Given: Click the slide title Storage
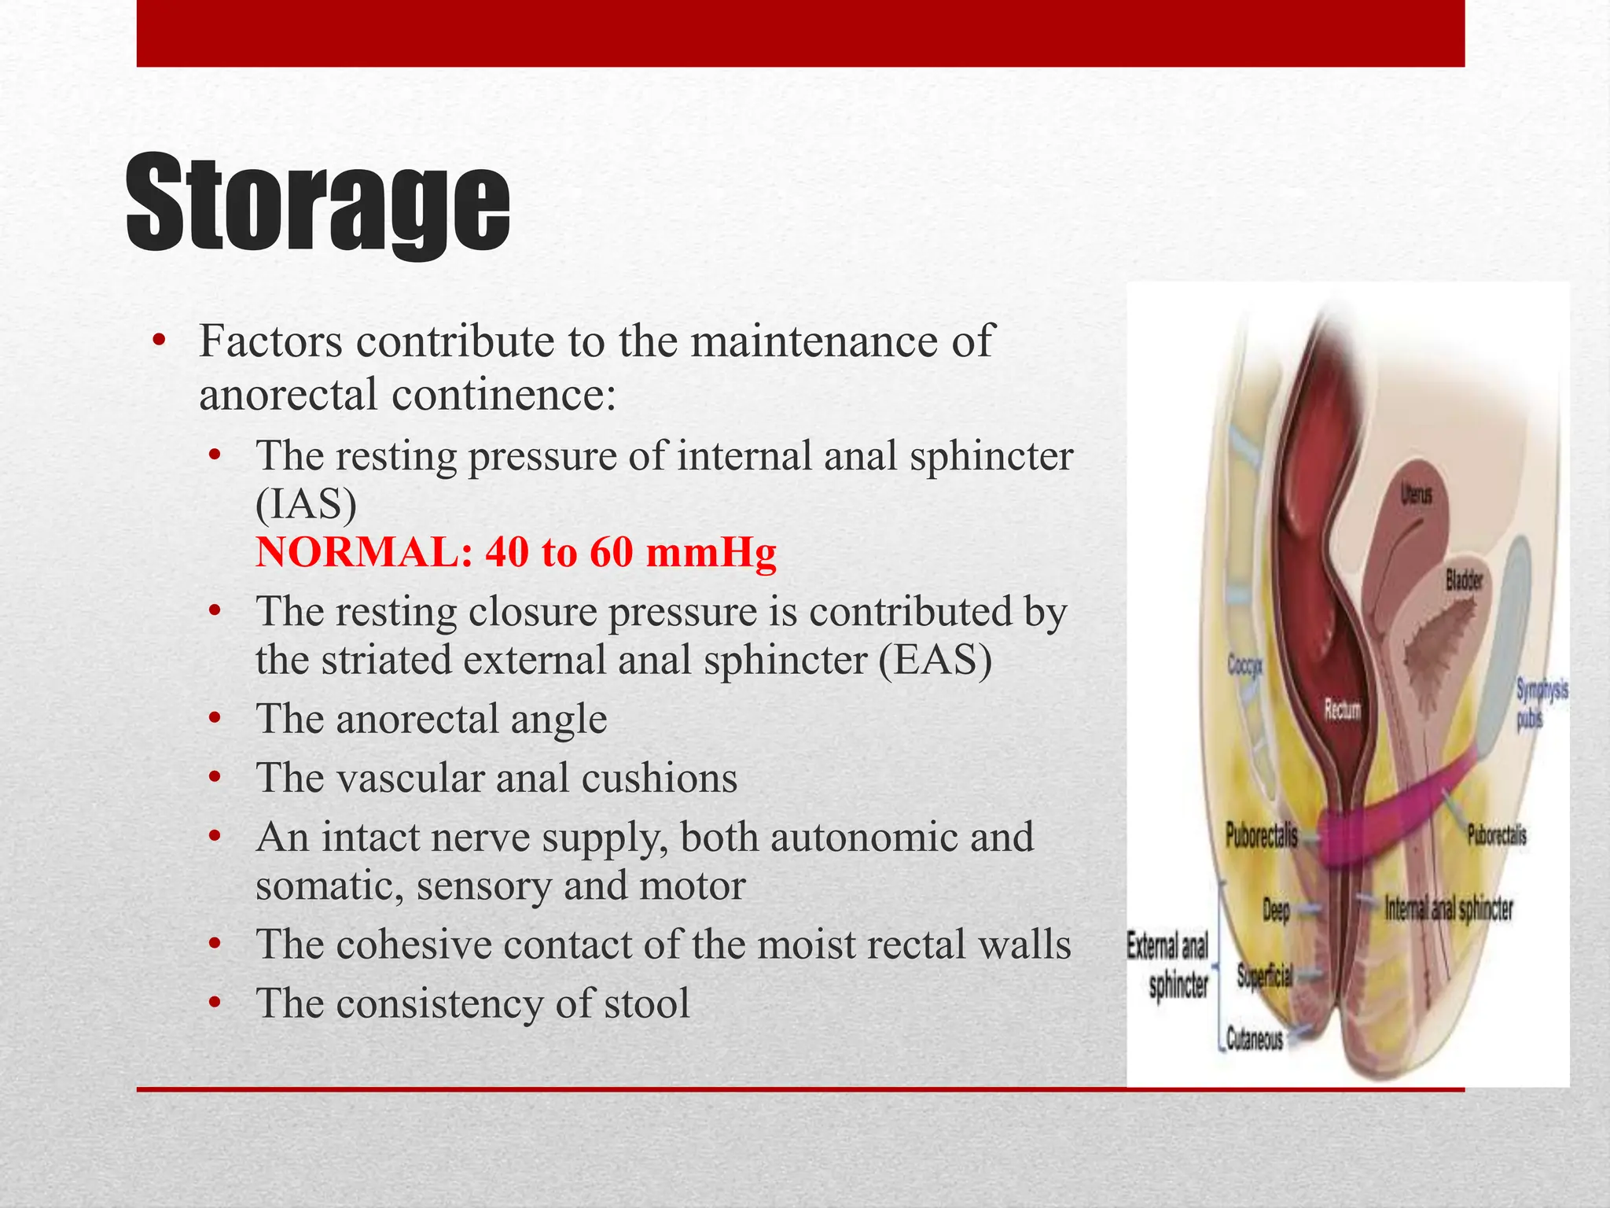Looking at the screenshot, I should click(x=318, y=204).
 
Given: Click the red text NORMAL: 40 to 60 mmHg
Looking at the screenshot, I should click(x=516, y=552).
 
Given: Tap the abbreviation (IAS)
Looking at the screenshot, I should click(x=306, y=504).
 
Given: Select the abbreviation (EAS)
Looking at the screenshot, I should click(x=935, y=660).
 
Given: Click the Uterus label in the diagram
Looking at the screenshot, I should click(x=1416, y=495).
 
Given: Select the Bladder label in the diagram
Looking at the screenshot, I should click(x=1464, y=580).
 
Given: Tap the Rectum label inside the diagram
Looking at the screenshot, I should click(x=1342, y=710).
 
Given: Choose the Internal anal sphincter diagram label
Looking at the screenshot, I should click(x=1448, y=909).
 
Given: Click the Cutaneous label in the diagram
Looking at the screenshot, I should click(x=1255, y=1040).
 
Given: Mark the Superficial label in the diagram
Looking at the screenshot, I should click(x=1264, y=976).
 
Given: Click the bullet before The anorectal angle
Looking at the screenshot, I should click(x=215, y=719).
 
